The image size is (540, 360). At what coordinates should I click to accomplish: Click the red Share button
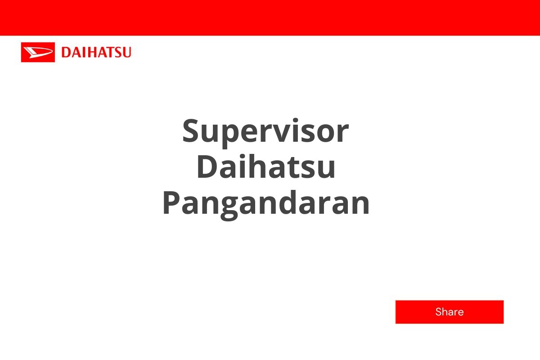(449, 312)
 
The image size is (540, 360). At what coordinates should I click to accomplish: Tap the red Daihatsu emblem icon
(38, 52)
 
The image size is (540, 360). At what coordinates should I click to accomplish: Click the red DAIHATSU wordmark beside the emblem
(96, 52)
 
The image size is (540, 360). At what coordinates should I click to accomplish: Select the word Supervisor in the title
(265, 131)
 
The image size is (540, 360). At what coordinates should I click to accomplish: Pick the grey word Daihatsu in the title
(266, 167)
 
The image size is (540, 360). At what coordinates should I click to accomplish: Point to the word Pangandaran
(266, 203)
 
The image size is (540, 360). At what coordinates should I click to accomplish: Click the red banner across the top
(270, 18)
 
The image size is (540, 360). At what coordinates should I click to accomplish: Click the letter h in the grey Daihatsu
(265, 167)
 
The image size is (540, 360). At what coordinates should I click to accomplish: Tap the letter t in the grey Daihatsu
(297, 168)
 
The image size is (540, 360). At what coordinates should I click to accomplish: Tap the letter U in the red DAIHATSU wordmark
(126, 53)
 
